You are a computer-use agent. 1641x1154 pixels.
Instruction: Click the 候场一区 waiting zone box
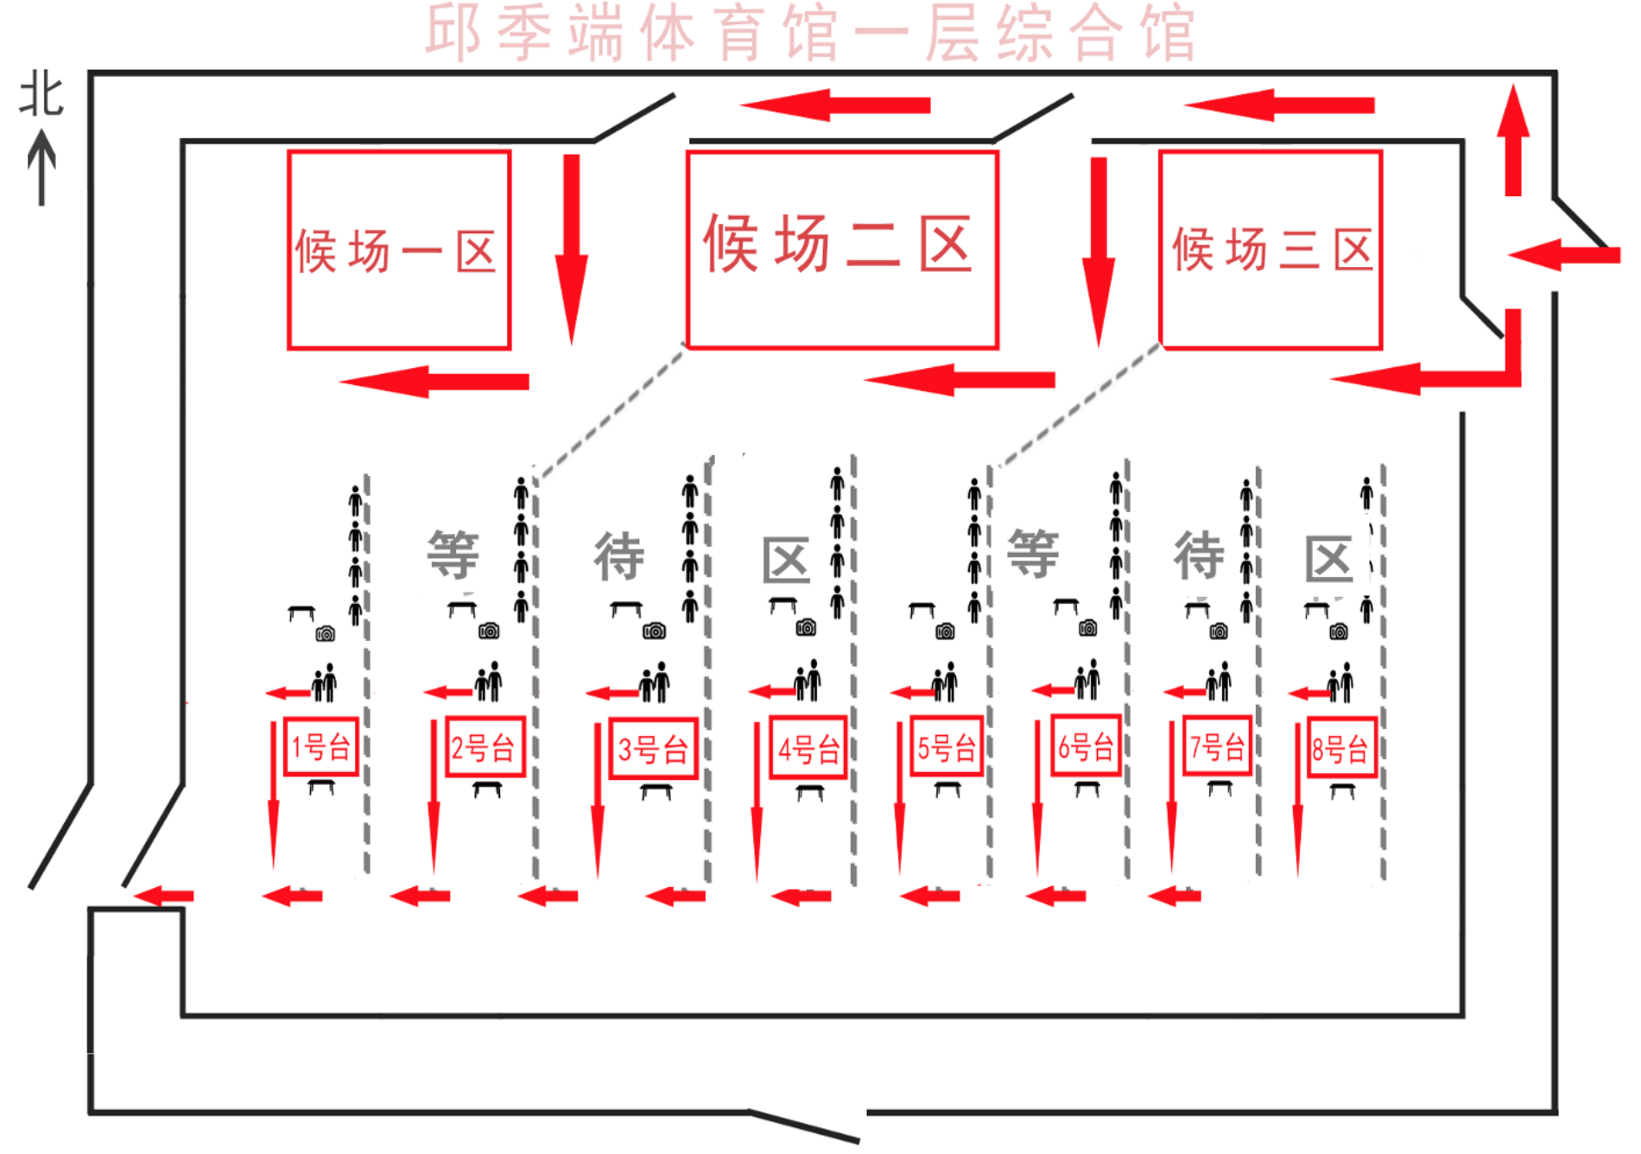[x=399, y=250]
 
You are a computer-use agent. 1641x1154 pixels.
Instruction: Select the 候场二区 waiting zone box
[x=842, y=250]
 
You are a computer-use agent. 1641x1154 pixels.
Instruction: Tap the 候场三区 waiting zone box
[x=1270, y=250]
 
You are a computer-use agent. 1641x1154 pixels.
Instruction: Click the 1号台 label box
[x=321, y=746]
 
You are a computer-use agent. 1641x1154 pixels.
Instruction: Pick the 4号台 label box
[x=808, y=748]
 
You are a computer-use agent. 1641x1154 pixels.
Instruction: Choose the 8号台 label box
[x=1341, y=748]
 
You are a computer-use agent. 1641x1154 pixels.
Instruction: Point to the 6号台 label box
[x=1086, y=745]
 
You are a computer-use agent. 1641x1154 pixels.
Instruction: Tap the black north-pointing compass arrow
[x=41, y=168]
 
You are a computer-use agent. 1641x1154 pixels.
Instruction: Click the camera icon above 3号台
[x=654, y=631]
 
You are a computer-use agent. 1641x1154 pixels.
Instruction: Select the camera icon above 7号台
[x=1219, y=631]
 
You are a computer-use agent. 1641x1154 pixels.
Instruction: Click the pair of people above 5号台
[x=945, y=682]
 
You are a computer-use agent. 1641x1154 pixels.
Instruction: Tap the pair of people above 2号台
[x=489, y=682]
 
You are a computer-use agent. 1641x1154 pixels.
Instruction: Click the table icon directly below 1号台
[x=321, y=786]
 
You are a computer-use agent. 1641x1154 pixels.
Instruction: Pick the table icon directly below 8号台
[x=1342, y=789]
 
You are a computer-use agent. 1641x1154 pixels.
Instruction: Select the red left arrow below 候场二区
[x=959, y=379]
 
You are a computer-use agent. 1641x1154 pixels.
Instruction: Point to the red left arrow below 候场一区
[x=434, y=381]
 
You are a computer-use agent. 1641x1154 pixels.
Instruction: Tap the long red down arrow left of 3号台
[x=597, y=799]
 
